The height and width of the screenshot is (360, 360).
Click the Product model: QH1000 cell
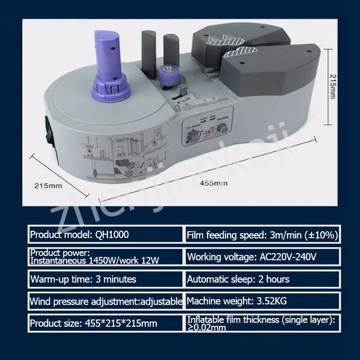(x=105, y=234)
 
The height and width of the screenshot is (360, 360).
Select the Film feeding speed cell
(x=262, y=234)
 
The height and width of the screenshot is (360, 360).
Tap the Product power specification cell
(x=105, y=257)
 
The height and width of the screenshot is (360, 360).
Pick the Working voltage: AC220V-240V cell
(x=262, y=257)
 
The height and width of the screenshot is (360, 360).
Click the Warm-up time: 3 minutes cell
(x=105, y=279)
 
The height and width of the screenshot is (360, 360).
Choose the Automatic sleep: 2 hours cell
(x=262, y=279)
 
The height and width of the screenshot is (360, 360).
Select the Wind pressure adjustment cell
(x=105, y=301)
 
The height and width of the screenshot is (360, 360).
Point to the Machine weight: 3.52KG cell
(x=262, y=301)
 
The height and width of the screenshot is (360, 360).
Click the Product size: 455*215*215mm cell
(x=105, y=323)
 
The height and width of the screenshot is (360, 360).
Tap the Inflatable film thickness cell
(x=262, y=323)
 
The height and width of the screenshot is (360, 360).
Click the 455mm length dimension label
(x=214, y=183)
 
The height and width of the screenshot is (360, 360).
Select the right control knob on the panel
(x=222, y=128)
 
